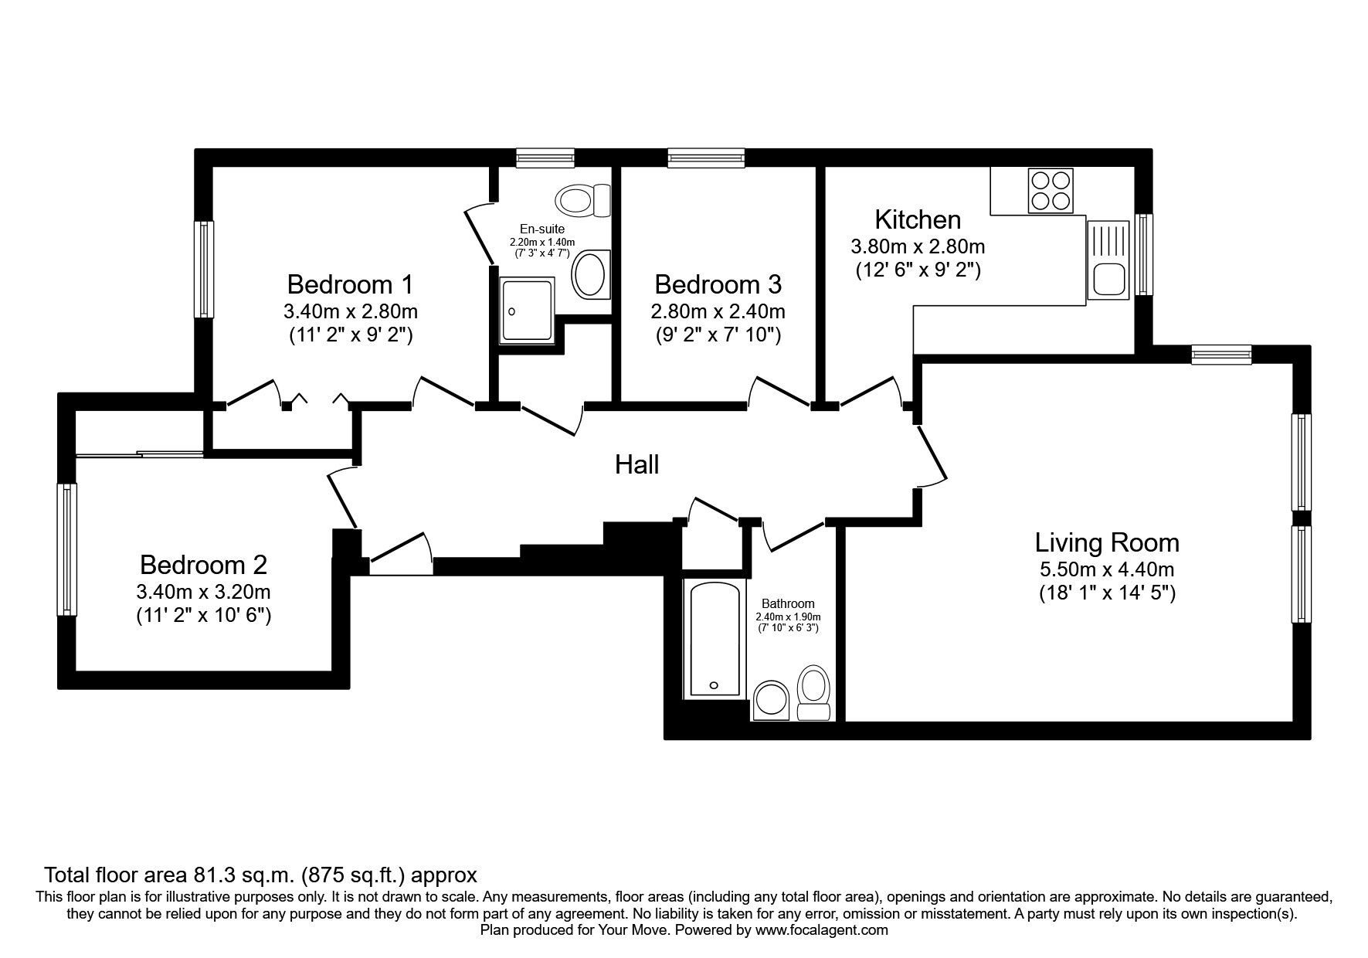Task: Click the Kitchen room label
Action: [918, 220]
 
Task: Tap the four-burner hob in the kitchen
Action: [1050, 190]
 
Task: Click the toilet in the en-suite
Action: [581, 201]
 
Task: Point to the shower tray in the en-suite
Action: [527, 311]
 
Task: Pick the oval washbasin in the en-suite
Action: [590, 275]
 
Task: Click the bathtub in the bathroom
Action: [715, 640]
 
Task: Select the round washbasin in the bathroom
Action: [770, 699]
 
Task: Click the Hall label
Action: [636, 465]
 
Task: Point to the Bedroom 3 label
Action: [718, 285]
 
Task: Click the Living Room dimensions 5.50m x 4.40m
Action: [1107, 570]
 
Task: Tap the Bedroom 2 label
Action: [203, 565]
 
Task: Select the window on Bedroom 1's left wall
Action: [203, 269]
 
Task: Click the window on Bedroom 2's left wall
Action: [68, 549]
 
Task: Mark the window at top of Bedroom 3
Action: [707, 158]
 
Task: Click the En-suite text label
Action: [541, 229]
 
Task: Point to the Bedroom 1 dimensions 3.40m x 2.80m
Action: [351, 312]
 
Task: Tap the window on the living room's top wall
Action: [1220, 354]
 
